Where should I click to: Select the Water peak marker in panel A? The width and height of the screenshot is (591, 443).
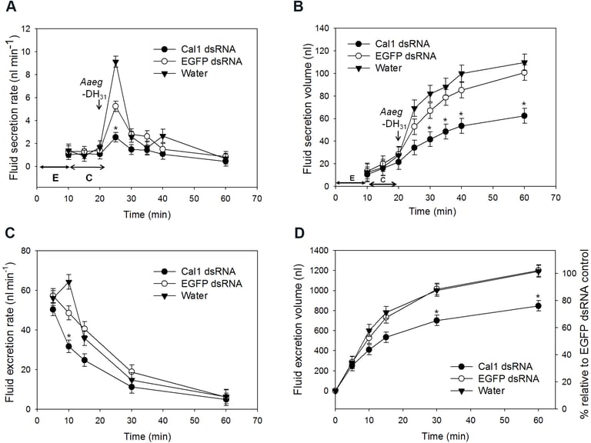[115, 63]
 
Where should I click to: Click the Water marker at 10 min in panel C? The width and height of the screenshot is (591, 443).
[68, 282]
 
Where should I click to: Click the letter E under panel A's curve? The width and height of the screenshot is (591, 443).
[55, 177]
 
